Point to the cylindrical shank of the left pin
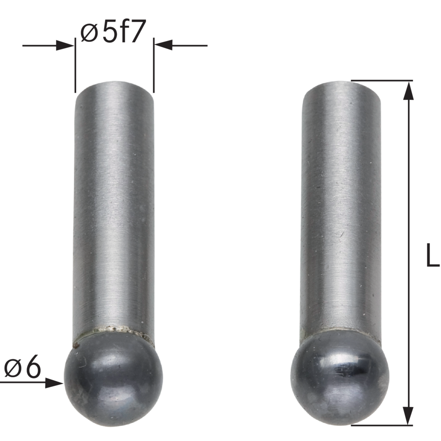pyautogui.click(x=114, y=207)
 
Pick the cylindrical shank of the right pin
pyautogui.click(x=340, y=207)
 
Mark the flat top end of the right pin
pyautogui.click(x=340, y=85)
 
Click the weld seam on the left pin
pyautogui.click(x=114, y=330)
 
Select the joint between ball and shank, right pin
pyautogui.click(x=340, y=330)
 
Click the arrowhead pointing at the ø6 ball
pyautogui.click(x=56, y=382)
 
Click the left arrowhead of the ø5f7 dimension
pyautogui.click(x=65, y=45)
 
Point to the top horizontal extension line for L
pyautogui.click(x=381, y=81)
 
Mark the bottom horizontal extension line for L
pyautogui.click(x=381, y=425)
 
